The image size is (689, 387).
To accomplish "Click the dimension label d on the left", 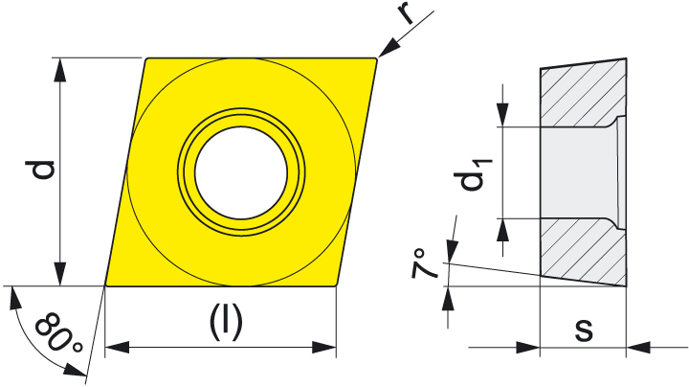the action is click(39, 171).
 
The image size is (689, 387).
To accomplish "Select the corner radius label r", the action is click(407, 14).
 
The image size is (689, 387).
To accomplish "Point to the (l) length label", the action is click(226, 324).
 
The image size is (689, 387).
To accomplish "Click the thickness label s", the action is click(584, 330).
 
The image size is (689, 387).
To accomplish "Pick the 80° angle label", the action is click(59, 332).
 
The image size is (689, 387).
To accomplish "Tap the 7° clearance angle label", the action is click(425, 264).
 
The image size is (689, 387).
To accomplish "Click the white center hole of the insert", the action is click(241, 172).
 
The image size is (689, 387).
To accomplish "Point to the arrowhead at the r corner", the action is click(387, 48).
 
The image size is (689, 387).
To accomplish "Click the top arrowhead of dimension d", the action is click(59, 70).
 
